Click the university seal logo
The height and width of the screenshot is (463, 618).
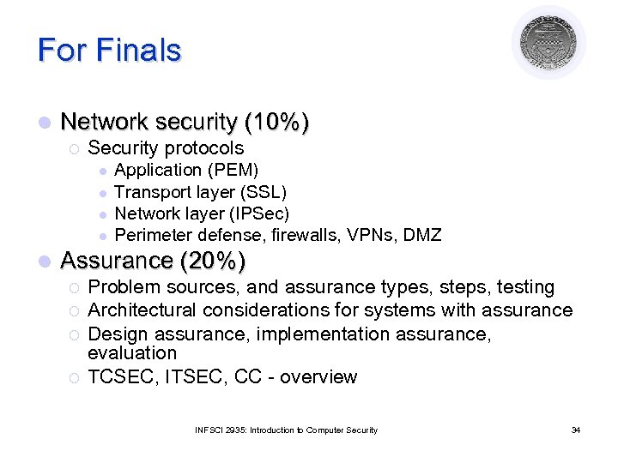(548, 43)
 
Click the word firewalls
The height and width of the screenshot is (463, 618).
(305, 235)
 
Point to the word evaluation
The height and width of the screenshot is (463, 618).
(132, 353)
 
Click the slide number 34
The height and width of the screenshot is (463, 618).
(575, 430)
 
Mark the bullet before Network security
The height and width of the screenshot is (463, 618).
(44, 123)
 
